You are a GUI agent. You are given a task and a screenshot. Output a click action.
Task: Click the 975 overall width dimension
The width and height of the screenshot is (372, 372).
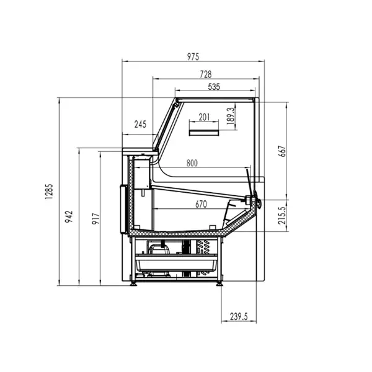(193, 56)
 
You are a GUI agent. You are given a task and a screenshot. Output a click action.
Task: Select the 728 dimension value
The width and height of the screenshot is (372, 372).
(205, 74)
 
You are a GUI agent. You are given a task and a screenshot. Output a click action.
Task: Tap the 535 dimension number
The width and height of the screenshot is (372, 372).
(214, 87)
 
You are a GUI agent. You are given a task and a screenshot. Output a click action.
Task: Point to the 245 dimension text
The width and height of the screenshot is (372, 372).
(141, 125)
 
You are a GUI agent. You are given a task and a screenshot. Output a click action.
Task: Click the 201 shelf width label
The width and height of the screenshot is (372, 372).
(204, 117)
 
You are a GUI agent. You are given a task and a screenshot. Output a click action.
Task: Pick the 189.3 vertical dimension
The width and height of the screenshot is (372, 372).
(231, 116)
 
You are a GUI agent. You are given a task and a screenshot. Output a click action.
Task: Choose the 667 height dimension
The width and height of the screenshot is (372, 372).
(283, 151)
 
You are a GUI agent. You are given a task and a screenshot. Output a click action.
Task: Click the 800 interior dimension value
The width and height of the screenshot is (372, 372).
(192, 163)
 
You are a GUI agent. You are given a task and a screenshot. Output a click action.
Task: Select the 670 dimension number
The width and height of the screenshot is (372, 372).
(201, 204)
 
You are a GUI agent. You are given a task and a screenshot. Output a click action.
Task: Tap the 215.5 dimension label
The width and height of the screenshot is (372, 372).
(282, 215)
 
